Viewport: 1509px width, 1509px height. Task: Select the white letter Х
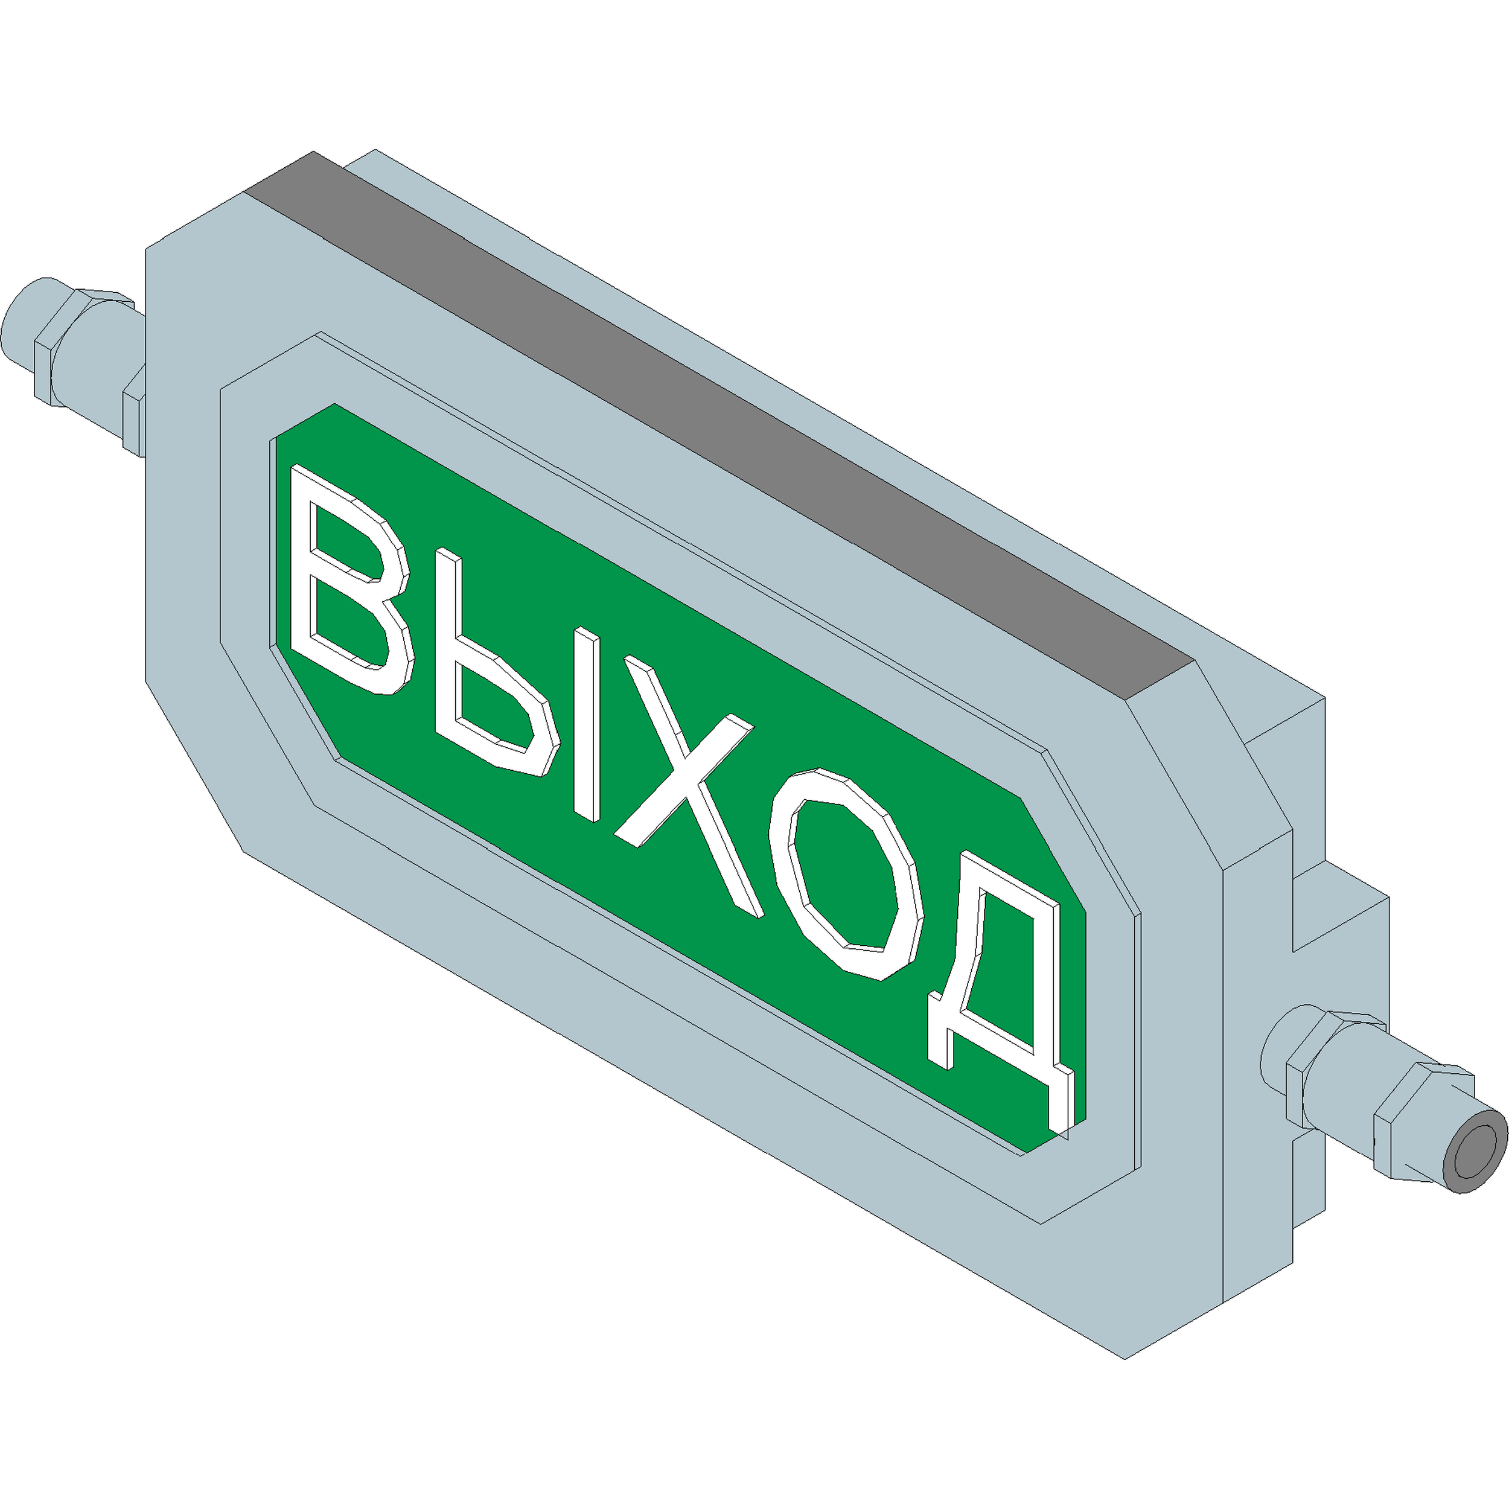click(x=686, y=785)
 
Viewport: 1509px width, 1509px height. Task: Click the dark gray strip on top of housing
click(x=718, y=426)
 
